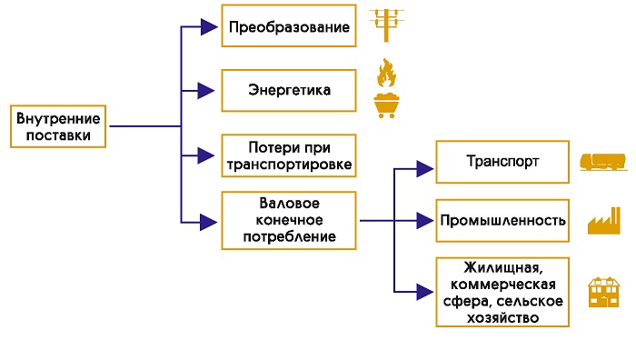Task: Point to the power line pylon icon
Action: click(386, 25)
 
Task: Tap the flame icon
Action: click(386, 73)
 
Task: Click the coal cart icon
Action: click(386, 105)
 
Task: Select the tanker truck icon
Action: click(603, 162)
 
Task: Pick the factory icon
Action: click(604, 221)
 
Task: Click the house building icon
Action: click(604, 292)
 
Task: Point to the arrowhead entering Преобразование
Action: click(209, 26)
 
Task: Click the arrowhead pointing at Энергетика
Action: click(206, 91)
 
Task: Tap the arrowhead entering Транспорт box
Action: click(425, 169)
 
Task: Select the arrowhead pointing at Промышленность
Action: click(425, 221)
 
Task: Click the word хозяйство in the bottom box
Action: click(502, 318)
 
